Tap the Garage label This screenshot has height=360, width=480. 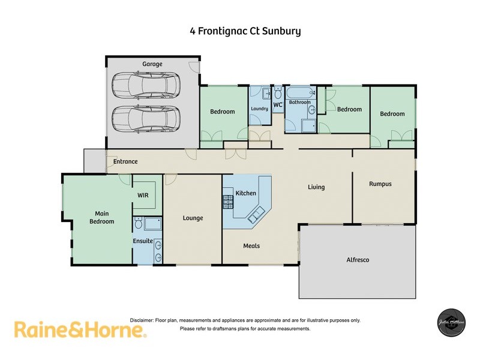[x=152, y=64]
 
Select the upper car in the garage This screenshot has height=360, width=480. [x=146, y=85]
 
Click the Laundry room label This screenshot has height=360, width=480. [x=259, y=109]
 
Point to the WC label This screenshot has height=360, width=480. [x=278, y=105]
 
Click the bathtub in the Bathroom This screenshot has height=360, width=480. [x=299, y=94]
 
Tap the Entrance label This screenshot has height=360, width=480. [x=125, y=161]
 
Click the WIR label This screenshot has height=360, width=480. [x=143, y=195]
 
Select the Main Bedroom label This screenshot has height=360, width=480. [x=101, y=217]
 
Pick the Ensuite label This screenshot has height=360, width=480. [x=142, y=242]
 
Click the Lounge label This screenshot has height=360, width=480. [x=193, y=218]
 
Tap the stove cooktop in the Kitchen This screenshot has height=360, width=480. [x=228, y=200]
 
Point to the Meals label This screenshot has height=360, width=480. [x=251, y=245]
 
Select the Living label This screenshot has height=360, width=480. [x=316, y=187]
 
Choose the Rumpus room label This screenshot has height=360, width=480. [x=380, y=184]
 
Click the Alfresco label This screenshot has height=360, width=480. [x=358, y=260]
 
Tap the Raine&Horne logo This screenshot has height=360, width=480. [x=79, y=329]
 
